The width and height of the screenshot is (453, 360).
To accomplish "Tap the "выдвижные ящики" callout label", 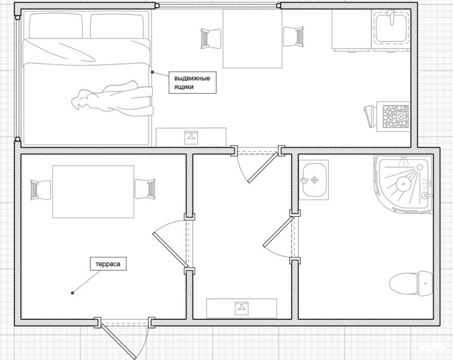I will (192, 83).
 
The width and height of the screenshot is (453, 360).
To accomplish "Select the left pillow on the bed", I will (55, 25).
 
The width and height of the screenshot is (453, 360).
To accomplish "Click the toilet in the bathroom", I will (412, 283).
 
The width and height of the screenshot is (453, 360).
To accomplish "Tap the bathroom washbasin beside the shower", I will (313, 179).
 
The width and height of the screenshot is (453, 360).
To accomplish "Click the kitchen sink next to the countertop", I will (392, 28).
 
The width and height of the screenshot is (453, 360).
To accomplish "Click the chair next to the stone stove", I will (368, 116).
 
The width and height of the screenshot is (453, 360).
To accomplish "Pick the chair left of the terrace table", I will (40, 190).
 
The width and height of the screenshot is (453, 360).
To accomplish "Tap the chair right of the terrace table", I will (146, 190).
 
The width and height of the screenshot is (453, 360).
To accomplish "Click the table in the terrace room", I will (93, 191).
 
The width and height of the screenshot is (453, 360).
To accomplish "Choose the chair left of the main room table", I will (209, 38).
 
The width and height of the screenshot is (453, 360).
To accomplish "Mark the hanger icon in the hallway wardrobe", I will (241, 308).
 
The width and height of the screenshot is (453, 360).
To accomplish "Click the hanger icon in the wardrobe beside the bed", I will (191, 136).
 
